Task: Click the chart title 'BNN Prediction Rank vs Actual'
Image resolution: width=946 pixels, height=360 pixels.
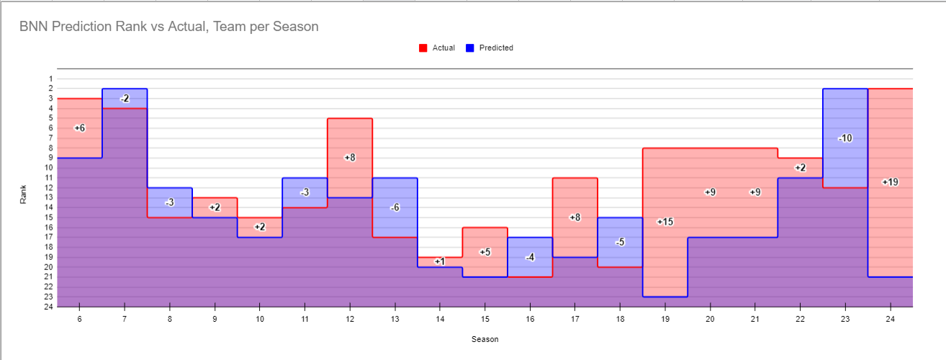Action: point(169,27)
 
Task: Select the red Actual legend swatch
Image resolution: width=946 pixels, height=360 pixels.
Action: point(423,48)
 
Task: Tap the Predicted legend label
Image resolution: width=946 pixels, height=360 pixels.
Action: point(496,48)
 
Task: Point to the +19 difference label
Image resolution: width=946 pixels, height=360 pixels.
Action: point(890,182)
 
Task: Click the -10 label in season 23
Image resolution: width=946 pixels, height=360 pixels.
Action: point(845,138)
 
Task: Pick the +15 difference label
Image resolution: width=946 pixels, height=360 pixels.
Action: point(665,222)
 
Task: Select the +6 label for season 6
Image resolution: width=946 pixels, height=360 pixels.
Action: point(79,127)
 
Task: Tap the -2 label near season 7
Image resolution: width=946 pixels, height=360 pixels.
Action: point(125,99)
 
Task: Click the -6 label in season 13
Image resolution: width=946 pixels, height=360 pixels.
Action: point(395,207)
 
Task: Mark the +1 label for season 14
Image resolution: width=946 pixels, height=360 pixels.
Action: point(440,261)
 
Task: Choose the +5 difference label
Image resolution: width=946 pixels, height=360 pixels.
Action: point(485,252)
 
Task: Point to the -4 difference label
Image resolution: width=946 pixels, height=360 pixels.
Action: point(530,257)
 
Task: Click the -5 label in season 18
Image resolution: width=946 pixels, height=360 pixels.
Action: point(620,242)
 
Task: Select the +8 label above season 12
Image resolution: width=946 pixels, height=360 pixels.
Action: point(350,157)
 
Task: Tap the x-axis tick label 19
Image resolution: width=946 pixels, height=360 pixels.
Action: point(665,318)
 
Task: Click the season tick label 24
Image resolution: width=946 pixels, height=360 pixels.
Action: point(890,318)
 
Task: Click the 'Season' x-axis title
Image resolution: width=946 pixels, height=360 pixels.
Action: point(485,339)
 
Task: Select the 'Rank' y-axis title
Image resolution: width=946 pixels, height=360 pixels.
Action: point(24,193)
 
